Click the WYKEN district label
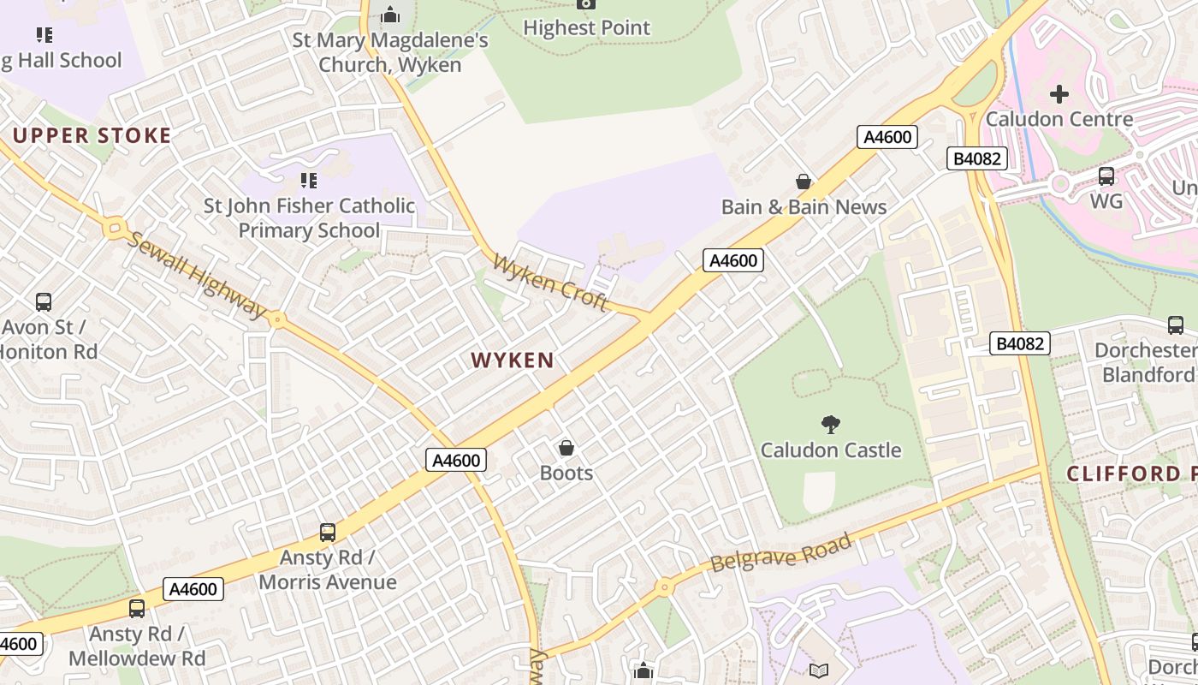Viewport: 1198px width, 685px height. click(x=513, y=360)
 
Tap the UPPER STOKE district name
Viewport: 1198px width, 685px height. click(x=92, y=135)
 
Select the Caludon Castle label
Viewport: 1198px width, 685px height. click(x=831, y=450)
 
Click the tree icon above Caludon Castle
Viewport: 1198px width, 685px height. click(x=830, y=424)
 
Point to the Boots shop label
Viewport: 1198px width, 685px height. click(x=566, y=473)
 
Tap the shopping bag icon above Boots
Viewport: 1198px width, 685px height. click(x=566, y=447)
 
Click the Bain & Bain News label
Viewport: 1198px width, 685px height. click(x=804, y=206)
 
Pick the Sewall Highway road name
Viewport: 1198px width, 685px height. click(x=196, y=274)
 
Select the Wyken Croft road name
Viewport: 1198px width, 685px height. click(x=550, y=282)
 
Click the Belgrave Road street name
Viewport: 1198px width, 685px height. click(x=781, y=552)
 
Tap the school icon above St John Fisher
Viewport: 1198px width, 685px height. click(x=308, y=181)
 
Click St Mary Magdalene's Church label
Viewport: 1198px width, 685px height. click(x=390, y=52)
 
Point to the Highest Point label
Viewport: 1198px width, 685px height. click(x=586, y=27)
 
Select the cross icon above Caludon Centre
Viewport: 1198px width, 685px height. click(x=1059, y=93)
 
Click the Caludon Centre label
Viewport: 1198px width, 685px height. click(x=1059, y=119)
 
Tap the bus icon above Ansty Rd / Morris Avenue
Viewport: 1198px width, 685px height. click(x=327, y=533)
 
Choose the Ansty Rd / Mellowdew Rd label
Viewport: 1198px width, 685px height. click(x=137, y=646)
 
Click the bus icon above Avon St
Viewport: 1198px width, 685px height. click(x=44, y=301)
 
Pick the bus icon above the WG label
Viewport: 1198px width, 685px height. click(x=1106, y=176)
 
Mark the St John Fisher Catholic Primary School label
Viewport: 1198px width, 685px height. click(x=309, y=218)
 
